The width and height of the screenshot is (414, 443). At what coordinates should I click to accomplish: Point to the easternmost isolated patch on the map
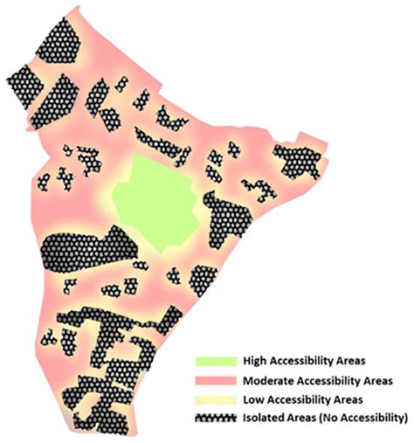coord(297,160)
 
